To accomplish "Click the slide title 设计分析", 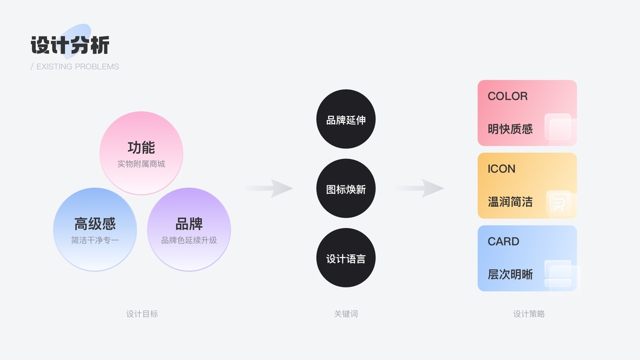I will click(70, 46).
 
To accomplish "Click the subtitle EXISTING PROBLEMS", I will click(75, 67).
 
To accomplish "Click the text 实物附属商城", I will click(141, 164).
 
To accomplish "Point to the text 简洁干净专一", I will click(95, 241).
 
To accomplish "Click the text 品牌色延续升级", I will click(189, 241).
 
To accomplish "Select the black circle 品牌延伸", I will click(345, 119).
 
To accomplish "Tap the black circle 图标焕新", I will click(345, 189).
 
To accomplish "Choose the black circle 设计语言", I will click(345, 258).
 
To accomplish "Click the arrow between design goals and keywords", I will click(269, 188).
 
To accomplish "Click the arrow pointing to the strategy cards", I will click(420, 188).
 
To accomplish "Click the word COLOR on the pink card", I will click(507, 96).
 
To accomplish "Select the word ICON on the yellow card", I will click(501, 169).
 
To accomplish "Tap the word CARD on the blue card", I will click(503, 241).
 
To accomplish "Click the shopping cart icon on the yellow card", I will click(558, 204).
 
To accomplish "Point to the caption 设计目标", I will click(142, 314).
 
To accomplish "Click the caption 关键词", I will click(345, 314).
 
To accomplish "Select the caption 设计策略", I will click(528, 314).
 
